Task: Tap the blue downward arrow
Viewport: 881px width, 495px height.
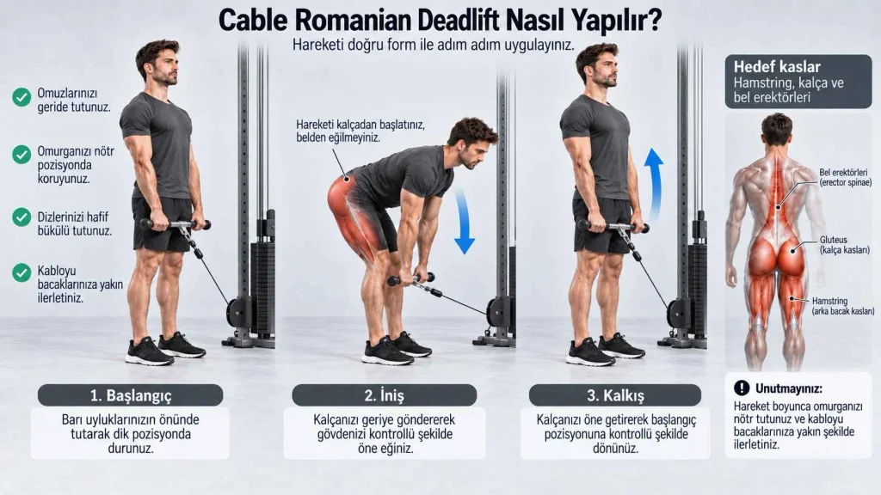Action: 464,221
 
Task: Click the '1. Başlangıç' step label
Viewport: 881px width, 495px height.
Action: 131,395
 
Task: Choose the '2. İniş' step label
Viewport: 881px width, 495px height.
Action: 385,395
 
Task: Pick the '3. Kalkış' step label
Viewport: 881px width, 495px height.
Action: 615,395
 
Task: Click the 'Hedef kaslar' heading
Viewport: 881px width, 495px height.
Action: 777,67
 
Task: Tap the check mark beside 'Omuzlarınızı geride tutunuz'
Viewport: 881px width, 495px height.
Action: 22,97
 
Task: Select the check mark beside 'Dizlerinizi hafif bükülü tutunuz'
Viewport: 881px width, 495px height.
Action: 22,217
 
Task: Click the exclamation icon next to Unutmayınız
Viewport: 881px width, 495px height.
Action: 742,388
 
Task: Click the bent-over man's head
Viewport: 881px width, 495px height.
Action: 471,143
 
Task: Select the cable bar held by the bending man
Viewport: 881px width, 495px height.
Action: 410,279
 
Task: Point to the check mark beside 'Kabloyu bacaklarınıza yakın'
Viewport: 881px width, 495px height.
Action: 22,272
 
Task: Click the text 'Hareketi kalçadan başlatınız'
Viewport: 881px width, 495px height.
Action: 360,124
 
